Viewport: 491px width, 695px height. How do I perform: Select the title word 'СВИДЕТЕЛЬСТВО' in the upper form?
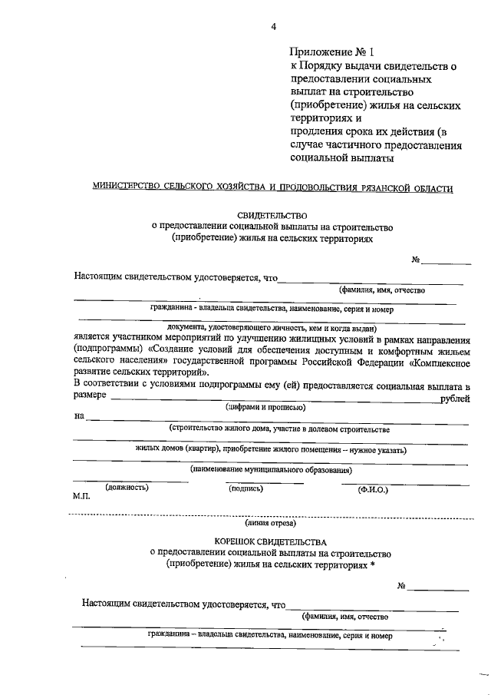[272, 215]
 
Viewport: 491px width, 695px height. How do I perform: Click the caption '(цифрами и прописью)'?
[265, 408]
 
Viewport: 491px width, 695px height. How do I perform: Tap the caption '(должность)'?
[127, 487]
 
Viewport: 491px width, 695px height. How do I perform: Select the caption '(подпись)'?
[245, 488]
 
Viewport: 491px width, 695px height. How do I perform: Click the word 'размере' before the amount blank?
[91, 397]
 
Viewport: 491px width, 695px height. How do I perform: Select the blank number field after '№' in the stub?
[438, 587]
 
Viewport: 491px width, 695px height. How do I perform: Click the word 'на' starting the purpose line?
[79, 417]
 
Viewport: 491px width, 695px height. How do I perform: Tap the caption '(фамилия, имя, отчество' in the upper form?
[387, 290]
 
